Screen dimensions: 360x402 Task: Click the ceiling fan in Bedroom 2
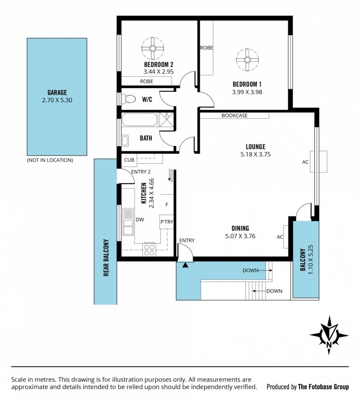click(153, 48)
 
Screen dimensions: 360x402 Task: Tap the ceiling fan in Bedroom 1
click(247, 60)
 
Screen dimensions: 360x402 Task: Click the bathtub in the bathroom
click(139, 119)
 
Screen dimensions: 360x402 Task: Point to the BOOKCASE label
click(234, 116)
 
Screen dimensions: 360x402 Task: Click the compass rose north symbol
click(329, 335)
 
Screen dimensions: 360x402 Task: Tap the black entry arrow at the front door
click(185, 265)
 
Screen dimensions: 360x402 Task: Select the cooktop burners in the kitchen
click(149, 250)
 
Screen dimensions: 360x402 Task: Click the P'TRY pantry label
click(167, 222)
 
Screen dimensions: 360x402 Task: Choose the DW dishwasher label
click(140, 220)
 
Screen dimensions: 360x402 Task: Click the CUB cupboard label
click(129, 160)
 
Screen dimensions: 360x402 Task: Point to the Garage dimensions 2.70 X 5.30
click(57, 100)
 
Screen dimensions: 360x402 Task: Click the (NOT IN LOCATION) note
click(50, 160)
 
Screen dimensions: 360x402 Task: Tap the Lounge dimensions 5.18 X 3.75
click(256, 154)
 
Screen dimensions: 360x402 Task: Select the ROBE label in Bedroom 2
click(147, 81)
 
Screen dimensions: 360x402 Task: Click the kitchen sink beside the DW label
click(128, 222)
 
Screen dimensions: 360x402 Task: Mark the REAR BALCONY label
click(106, 257)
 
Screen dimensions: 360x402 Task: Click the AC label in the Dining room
click(280, 237)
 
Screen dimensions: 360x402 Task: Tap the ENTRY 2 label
click(141, 172)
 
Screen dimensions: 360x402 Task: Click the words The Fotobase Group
click(324, 387)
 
